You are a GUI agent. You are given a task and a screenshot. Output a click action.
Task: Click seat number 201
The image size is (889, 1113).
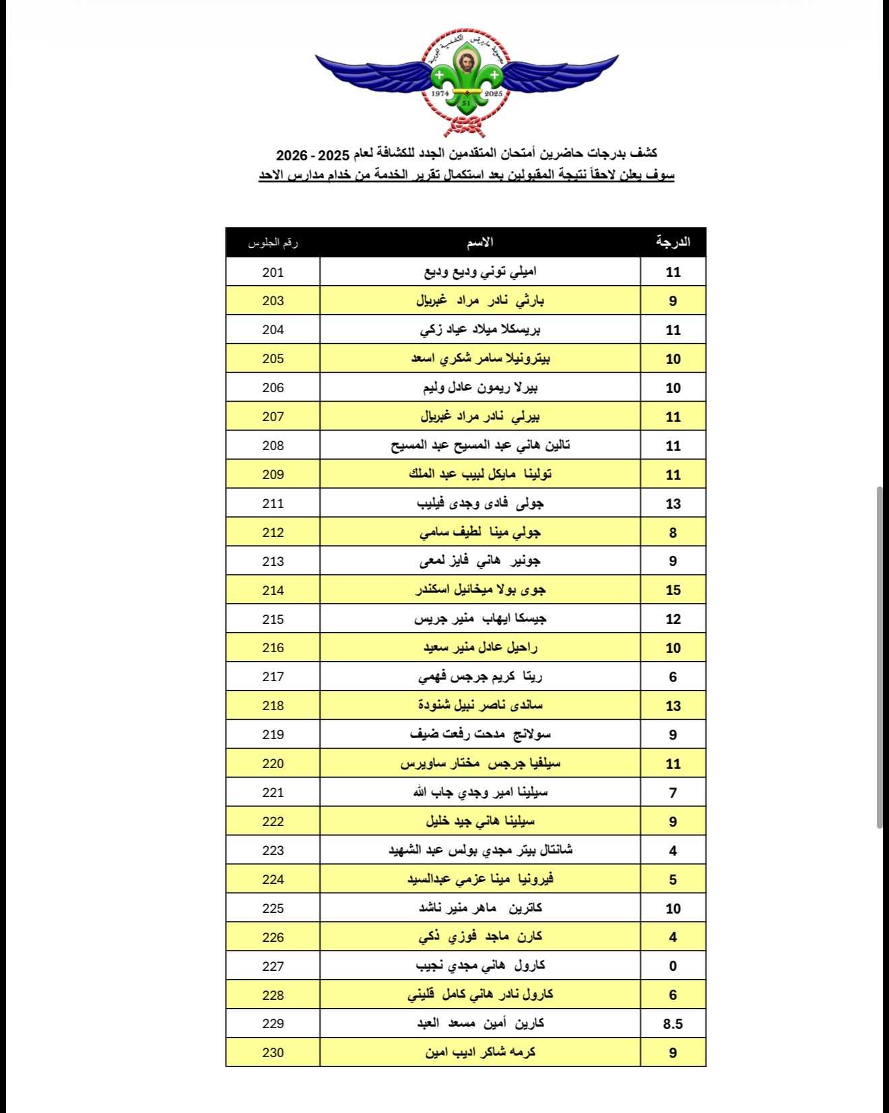[x=273, y=272]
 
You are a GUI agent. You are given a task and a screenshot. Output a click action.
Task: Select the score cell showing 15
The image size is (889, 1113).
[x=673, y=590]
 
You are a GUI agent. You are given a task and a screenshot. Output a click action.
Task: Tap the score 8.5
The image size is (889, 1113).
[x=673, y=1024]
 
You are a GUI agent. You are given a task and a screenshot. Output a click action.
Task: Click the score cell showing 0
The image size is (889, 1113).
[x=673, y=966]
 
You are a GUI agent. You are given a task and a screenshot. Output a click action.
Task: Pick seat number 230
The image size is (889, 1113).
[x=273, y=1052]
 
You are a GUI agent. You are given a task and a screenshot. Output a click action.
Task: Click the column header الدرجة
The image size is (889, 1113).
[x=673, y=242]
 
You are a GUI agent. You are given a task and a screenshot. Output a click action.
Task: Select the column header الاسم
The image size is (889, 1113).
[x=480, y=243]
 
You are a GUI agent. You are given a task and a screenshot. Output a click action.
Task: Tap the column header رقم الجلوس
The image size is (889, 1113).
[x=273, y=243]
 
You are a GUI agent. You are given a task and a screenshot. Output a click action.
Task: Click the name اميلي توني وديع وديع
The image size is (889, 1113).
[x=480, y=272]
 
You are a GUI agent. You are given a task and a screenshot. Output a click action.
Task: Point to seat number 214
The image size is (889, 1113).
[x=273, y=590]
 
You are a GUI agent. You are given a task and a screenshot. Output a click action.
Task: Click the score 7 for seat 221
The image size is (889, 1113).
[x=673, y=793]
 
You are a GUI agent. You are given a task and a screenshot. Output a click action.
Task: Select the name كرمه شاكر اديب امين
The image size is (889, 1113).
[x=480, y=1052]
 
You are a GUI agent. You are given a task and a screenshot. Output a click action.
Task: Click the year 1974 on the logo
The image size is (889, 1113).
[x=440, y=93]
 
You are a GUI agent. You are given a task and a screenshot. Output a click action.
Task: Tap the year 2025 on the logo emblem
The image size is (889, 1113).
[x=494, y=93]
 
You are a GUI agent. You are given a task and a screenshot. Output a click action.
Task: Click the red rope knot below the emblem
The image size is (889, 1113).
[x=466, y=127]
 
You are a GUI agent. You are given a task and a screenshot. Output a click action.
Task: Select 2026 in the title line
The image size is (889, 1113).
[x=291, y=155]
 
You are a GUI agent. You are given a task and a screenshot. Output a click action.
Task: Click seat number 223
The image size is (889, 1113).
[x=273, y=850]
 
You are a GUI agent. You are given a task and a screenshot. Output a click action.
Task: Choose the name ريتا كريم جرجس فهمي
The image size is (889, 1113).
[x=480, y=677]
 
